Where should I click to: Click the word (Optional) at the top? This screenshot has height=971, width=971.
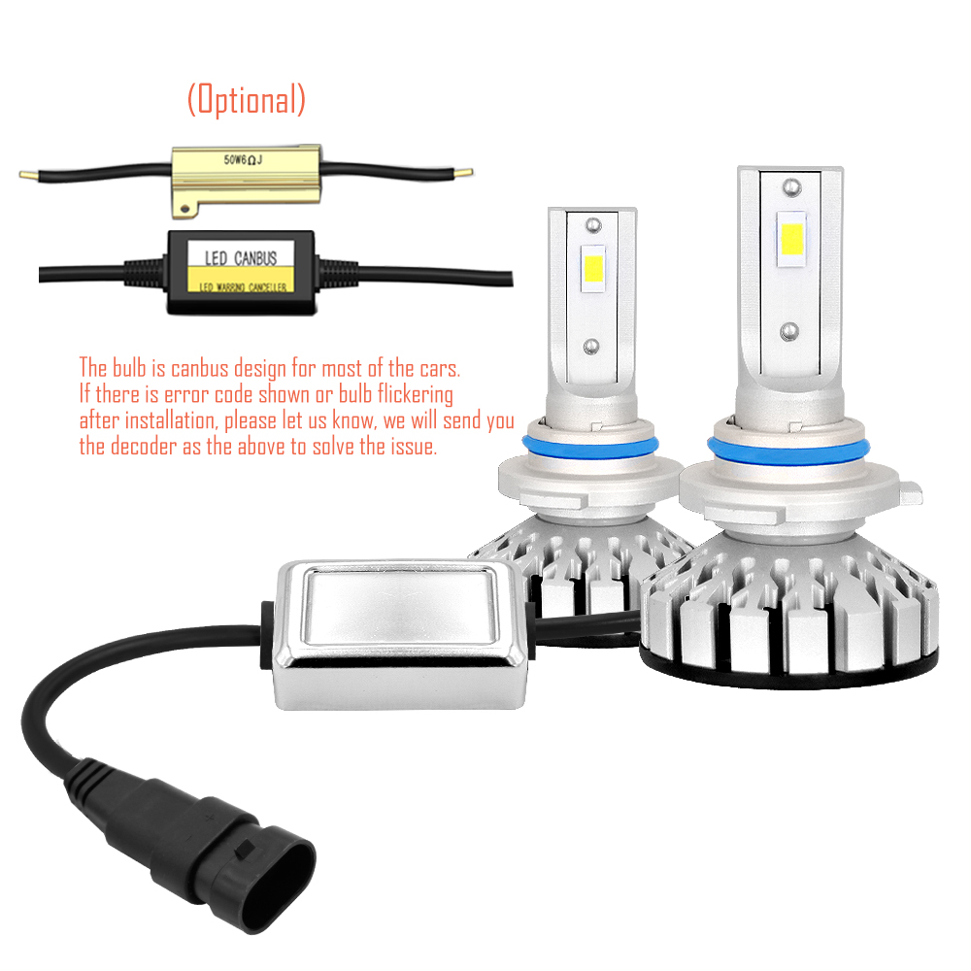[x=247, y=100]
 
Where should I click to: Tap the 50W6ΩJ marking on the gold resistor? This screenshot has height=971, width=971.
[x=243, y=160]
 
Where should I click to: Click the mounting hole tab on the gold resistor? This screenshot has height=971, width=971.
[x=184, y=210]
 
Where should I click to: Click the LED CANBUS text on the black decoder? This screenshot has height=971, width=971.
[x=241, y=257]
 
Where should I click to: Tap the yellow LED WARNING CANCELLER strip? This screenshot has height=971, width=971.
[x=241, y=280]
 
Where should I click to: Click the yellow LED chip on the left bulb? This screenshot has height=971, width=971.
[x=593, y=269]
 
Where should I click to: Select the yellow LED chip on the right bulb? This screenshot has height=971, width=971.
[x=791, y=240]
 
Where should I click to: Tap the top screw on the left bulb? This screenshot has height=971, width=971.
[x=593, y=225]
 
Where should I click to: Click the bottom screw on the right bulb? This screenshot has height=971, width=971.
[x=788, y=332]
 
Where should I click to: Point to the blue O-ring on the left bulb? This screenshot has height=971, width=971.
[x=589, y=446]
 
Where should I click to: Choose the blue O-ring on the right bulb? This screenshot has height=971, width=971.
[x=788, y=451]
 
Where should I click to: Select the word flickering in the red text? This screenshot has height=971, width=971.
[x=415, y=394]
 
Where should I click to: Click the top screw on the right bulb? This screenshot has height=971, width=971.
[x=792, y=186]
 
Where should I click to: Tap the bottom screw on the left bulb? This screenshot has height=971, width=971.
[x=591, y=346]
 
